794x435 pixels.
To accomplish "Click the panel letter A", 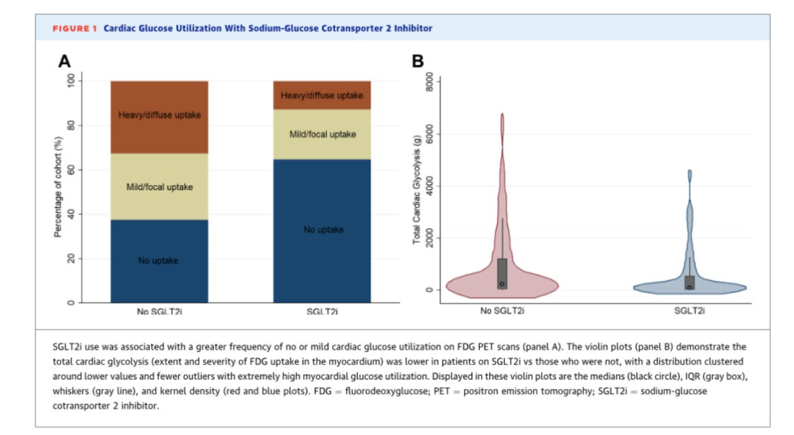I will click(64, 61).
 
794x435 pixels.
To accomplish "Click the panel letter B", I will click(418, 61).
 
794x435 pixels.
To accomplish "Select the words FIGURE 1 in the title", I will click(75, 29).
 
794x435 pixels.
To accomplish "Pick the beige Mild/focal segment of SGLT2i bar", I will click(322, 134).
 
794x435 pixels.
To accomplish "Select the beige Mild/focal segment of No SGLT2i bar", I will click(159, 187).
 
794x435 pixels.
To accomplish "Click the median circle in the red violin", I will click(502, 284).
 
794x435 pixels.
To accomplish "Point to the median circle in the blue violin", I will click(689, 287).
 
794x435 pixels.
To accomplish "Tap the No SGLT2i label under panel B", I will click(501, 311).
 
